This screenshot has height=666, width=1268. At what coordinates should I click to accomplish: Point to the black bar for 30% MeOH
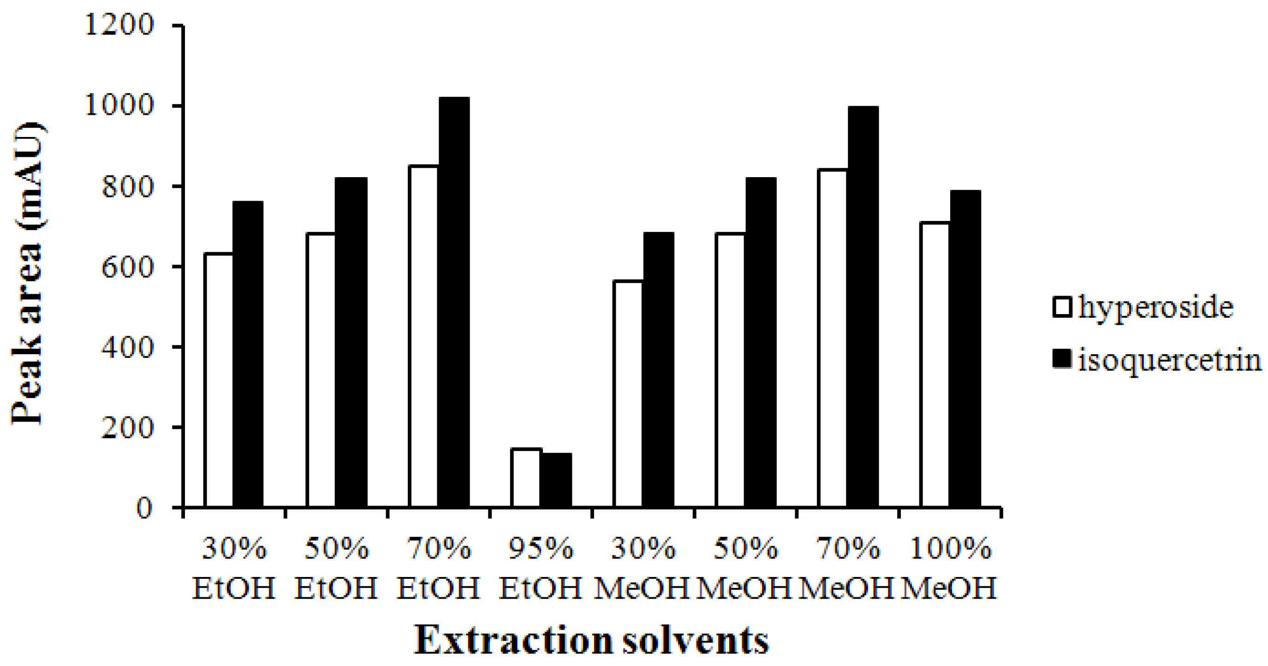[659, 370]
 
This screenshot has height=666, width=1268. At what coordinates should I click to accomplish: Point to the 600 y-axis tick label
[127, 266]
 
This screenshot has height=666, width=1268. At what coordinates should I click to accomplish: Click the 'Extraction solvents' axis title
[591, 640]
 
